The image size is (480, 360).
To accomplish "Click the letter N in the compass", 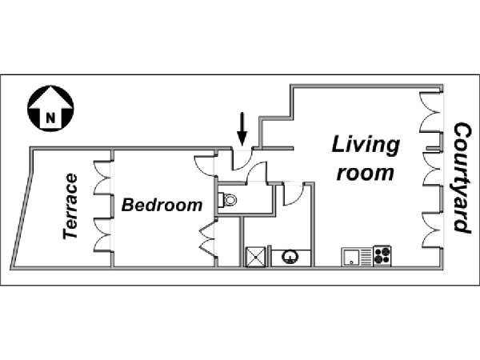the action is click(x=51, y=118).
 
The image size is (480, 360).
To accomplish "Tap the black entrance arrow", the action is click(x=242, y=129).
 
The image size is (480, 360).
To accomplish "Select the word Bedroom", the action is click(x=162, y=205).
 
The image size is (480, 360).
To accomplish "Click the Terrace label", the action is click(x=70, y=206).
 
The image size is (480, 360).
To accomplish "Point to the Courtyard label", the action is click(x=462, y=178).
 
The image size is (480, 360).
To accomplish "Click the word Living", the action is click(x=366, y=145).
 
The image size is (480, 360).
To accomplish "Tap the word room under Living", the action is click(x=365, y=173).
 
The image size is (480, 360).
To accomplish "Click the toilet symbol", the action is click(x=227, y=200).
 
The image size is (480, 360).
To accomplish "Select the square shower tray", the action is click(x=256, y=257).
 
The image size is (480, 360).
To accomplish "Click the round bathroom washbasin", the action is click(x=290, y=257).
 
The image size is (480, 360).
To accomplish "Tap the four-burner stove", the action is click(x=382, y=256).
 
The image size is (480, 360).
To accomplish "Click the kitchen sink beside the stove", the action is click(x=358, y=257).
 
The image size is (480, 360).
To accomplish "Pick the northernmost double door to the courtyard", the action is click(x=430, y=112).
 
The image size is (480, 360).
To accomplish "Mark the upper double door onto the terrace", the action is click(x=102, y=178).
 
